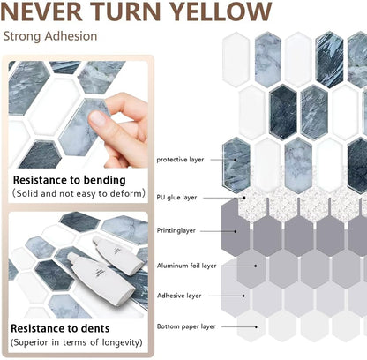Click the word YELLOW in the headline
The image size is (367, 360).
click(x=221, y=11)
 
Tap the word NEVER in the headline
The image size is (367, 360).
click(x=41, y=11)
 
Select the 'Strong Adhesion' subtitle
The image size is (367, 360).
click(x=50, y=36)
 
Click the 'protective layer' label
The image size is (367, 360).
click(x=180, y=160)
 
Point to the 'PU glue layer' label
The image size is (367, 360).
click(x=176, y=198)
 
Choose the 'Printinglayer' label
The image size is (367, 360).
click(x=176, y=230)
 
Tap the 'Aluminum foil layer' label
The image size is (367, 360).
click(x=186, y=266)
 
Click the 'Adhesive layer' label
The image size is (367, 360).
click(x=179, y=296)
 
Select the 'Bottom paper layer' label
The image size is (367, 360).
click(x=186, y=326)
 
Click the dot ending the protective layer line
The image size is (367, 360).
click(x=235, y=160)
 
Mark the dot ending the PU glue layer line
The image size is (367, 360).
click(x=244, y=198)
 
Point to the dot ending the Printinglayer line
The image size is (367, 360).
click(x=236, y=231)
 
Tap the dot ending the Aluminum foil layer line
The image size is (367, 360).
click(x=256, y=266)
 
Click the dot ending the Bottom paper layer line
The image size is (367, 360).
click(x=256, y=326)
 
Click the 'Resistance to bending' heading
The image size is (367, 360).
click(x=70, y=180)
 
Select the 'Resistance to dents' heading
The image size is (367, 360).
click(x=60, y=328)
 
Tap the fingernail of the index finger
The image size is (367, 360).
click(x=97, y=119)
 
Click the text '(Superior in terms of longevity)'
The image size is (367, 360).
click(x=77, y=342)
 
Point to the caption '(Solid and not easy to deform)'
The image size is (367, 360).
click(x=79, y=193)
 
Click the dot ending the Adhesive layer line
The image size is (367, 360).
click(x=243, y=296)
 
